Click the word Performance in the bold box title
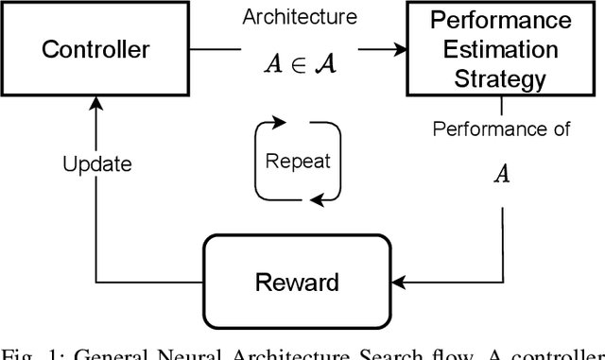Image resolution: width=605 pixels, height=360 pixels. pyautogui.click(x=500, y=20)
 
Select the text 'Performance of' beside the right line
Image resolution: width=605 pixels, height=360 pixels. pyautogui.click(x=501, y=129)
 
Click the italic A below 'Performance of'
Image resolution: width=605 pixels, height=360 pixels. pyautogui.click(x=502, y=173)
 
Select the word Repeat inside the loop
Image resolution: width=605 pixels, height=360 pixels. pyautogui.click(x=298, y=161)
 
